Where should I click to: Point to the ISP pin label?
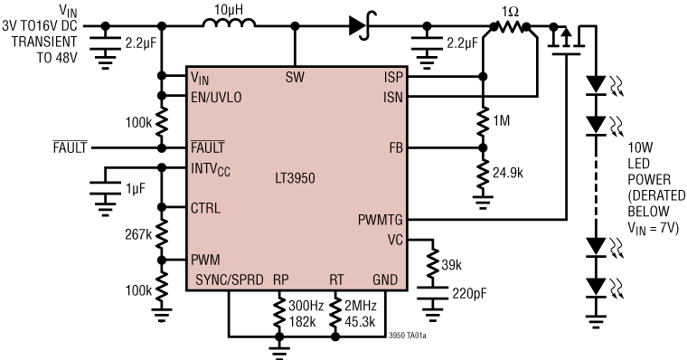(x=393, y=77)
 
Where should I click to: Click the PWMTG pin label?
(x=381, y=220)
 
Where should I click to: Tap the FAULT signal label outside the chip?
(x=68, y=147)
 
